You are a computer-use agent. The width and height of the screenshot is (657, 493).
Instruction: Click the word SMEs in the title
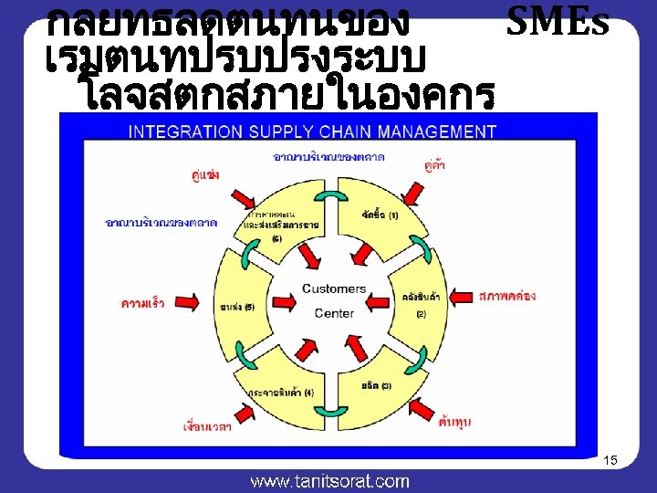pos(557,21)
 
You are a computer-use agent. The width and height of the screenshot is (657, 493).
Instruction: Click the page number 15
pos(610,460)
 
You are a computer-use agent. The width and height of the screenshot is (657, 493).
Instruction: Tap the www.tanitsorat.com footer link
pos(329,481)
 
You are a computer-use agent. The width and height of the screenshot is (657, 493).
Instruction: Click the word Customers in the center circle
pos(334,288)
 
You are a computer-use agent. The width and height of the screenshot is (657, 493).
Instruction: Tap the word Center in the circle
pos(334,313)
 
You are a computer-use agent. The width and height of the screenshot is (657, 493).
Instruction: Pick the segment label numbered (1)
pos(380,215)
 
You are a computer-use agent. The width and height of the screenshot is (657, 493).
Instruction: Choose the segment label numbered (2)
pos(420,304)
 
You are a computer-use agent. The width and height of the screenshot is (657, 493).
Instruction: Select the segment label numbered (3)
pos(375,385)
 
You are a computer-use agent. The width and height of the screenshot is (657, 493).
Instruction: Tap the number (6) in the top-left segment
pos(276,238)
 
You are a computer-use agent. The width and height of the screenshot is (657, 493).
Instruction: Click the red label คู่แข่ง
pos(205,174)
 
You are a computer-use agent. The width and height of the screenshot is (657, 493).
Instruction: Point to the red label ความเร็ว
pos(142,303)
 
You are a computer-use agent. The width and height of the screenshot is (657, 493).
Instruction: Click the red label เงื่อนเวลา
pos(206,426)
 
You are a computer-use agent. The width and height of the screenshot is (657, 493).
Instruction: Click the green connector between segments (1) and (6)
pos(326,200)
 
